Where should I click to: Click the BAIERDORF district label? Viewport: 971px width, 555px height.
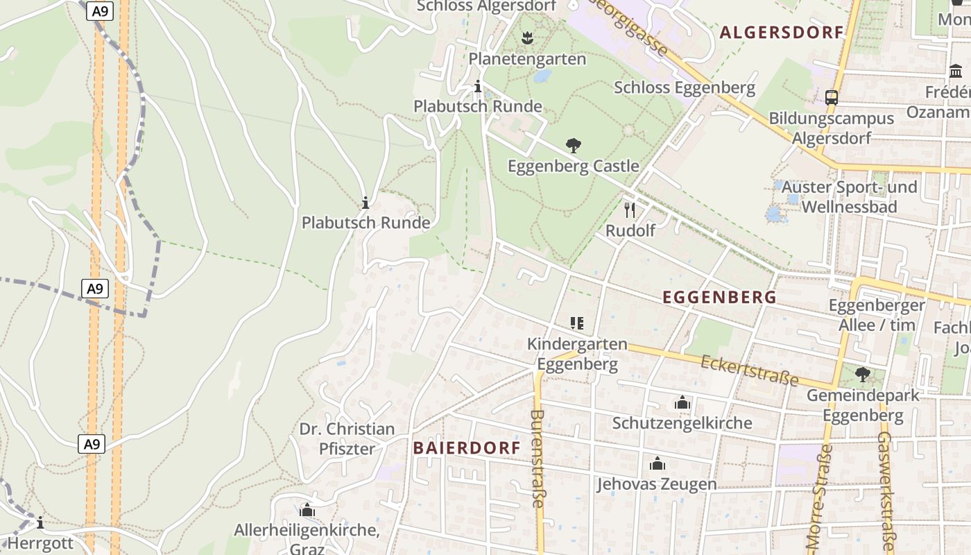[x=467, y=447]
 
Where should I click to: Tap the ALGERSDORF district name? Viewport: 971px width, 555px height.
[x=781, y=32]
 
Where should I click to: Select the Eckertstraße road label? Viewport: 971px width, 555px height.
[x=749, y=371]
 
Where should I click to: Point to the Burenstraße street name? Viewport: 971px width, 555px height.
[x=537, y=458]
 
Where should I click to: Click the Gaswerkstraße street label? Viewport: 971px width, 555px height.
[x=886, y=493]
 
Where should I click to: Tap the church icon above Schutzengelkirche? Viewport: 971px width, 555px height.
[x=682, y=403]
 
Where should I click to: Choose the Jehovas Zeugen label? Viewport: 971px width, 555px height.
[x=657, y=484]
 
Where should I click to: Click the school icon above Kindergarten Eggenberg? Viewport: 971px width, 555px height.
[x=576, y=323]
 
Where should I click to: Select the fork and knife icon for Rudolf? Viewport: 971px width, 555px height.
[x=630, y=210]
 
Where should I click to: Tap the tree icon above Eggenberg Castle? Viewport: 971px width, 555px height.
[x=574, y=146]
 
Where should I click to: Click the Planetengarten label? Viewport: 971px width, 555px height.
[x=527, y=59]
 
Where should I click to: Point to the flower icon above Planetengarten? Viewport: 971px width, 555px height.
[x=527, y=39]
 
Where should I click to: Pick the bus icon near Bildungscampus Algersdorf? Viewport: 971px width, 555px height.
[x=832, y=97]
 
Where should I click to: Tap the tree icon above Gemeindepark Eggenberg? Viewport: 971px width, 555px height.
[x=862, y=375]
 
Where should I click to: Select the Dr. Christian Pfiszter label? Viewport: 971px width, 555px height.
[x=347, y=438]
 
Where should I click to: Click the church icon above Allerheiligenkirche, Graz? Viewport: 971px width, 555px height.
[x=307, y=511]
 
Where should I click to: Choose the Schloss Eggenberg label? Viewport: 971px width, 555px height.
[x=684, y=87]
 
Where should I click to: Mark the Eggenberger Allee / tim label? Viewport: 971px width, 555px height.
[x=877, y=315]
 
